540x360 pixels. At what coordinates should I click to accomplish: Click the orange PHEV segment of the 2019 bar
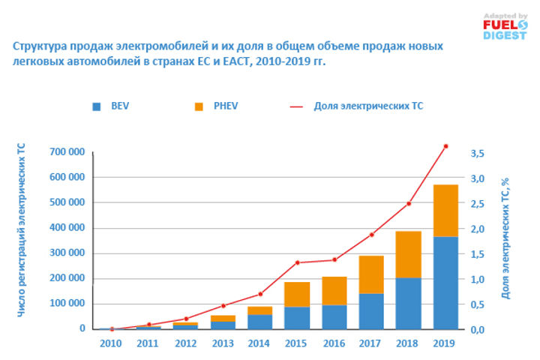pyautogui.click(x=445, y=210)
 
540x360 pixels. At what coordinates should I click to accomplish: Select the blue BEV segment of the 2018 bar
pyautogui.click(x=409, y=303)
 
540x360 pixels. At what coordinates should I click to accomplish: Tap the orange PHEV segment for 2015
pyautogui.click(x=297, y=294)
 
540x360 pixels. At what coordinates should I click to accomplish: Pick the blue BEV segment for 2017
pyautogui.click(x=371, y=310)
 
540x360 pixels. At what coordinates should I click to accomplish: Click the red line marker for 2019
pyautogui.click(x=445, y=146)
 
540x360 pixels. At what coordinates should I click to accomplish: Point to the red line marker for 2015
pyautogui.click(x=297, y=262)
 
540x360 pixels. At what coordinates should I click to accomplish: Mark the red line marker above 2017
pyautogui.click(x=371, y=235)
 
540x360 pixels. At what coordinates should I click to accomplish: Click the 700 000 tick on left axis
pyautogui.click(x=65, y=152)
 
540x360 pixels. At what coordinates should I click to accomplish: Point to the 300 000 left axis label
pyautogui.click(x=65, y=253)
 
